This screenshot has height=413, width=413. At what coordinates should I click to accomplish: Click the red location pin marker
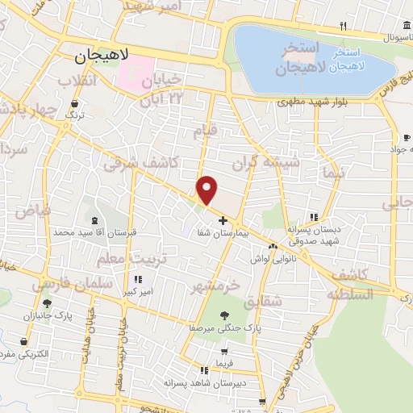click(208, 190)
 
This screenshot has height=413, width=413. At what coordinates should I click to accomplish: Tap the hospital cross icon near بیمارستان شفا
click(223, 219)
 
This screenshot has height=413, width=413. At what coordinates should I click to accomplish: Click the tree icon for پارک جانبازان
click(48, 304)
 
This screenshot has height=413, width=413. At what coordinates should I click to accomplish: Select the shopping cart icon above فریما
click(223, 352)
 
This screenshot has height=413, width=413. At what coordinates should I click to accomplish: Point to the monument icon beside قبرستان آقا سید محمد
click(96, 219)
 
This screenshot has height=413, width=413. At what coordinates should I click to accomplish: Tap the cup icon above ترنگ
click(74, 103)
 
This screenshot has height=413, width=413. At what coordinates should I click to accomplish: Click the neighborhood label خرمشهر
click(217, 286)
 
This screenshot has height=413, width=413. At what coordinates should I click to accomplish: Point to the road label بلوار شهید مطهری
click(307, 102)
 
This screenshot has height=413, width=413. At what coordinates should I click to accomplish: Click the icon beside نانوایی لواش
click(273, 245)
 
